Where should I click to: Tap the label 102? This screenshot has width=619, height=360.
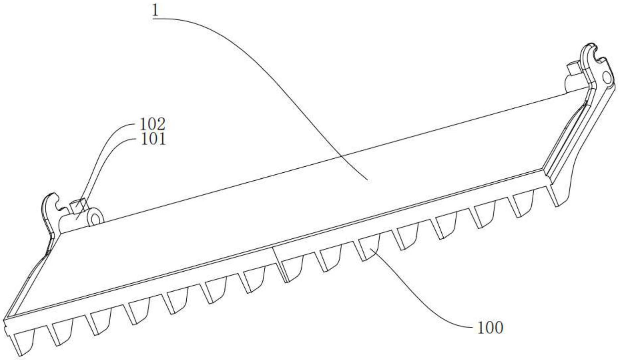point(152,125)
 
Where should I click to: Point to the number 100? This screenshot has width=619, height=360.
point(490,328)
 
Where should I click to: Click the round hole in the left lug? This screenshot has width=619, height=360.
point(96,219)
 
